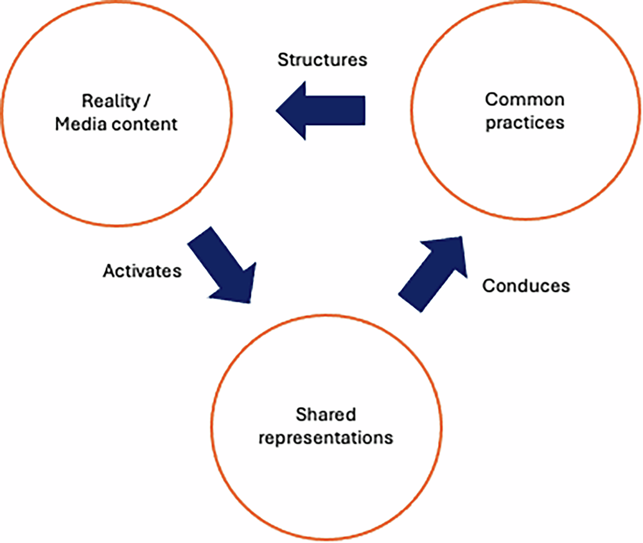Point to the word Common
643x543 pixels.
(x=524, y=99)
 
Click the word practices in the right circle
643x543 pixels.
(x=524, y=122)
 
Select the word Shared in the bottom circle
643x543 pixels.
(x=316, y=415)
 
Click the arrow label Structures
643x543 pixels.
(x=322, y=60)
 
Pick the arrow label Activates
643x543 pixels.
(x=142, y=271)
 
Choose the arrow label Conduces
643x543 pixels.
(x=525, y=285)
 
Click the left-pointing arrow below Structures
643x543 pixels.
(x=321, y=112)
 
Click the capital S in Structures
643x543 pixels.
(x=282, y=60)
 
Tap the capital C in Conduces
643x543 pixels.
(x=487, y=285)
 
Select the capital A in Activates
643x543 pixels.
(x=108, y=271)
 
